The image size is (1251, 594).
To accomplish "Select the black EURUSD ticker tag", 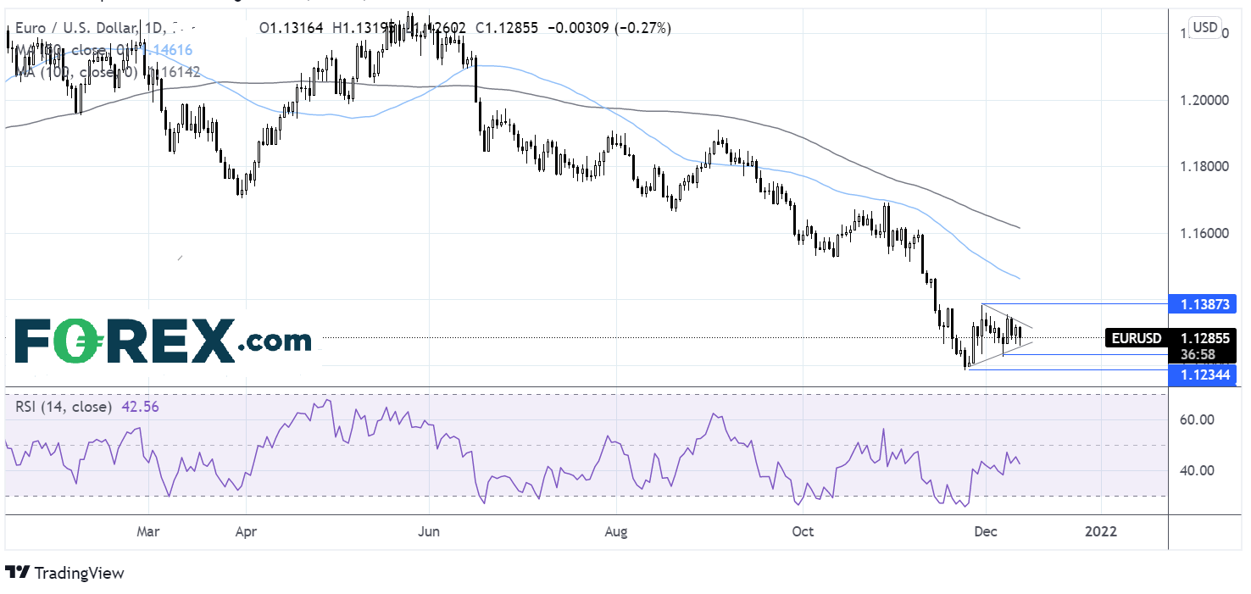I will point(1137,338).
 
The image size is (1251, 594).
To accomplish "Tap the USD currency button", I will point(1205,28).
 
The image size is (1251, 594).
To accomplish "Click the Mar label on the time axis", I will point(148,532).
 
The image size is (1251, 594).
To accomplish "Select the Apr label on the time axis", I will point(245,532).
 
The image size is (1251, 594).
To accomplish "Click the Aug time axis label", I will point(616,532).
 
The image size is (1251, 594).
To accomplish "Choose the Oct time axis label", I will point(802,532).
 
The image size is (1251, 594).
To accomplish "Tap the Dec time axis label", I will point(986,532).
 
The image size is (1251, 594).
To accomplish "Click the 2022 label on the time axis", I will point(1101,532).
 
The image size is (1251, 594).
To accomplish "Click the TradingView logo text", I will point(78,574).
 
